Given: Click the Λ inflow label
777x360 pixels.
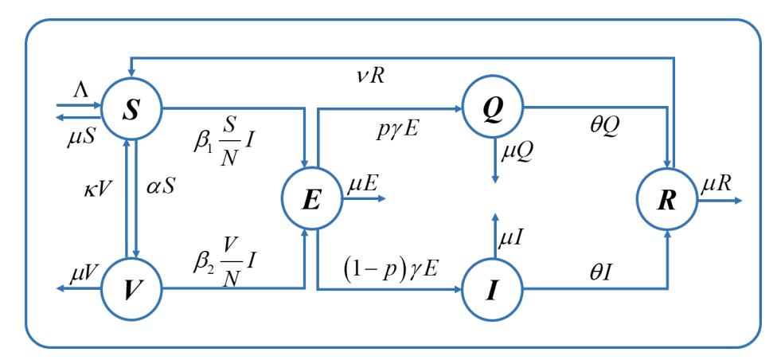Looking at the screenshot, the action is (80, 92).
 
